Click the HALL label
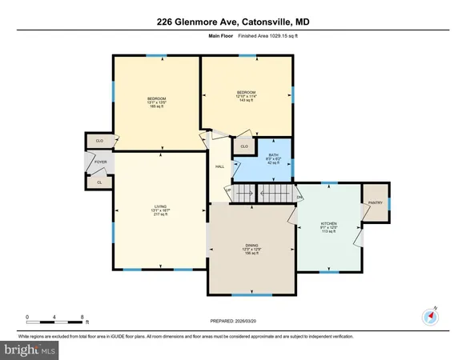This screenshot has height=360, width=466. [219, 166]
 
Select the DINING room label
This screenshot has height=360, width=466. [251, 249]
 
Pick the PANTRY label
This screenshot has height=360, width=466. [375, 202]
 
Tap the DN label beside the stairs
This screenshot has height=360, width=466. [299, 197]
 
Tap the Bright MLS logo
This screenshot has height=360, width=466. [30, 350]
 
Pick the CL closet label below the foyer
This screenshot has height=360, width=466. [99, 182]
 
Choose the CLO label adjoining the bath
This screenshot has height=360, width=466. [244, 146]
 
